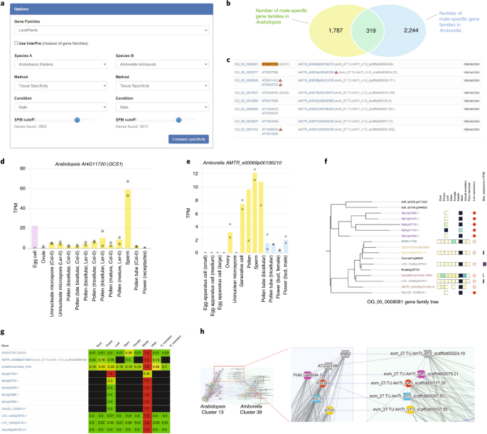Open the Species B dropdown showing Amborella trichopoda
(x=163, y=64)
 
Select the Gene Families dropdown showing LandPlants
(x=110, y=32)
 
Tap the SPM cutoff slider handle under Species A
(x=76, y=119)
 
